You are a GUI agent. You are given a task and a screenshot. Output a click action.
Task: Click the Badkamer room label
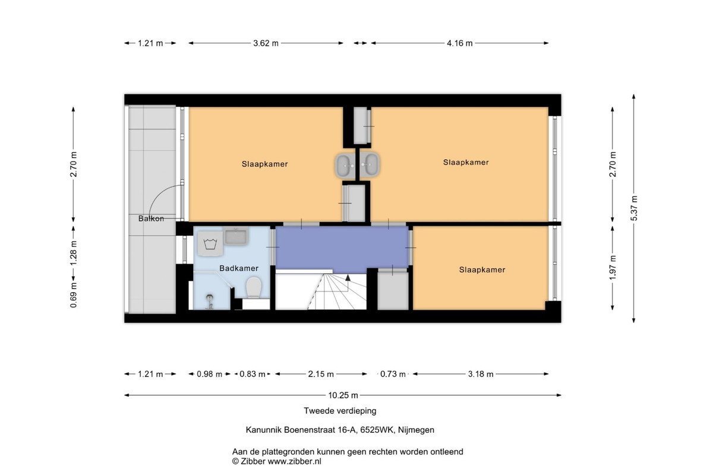[x=239, y=268]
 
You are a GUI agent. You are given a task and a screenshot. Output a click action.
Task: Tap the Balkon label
[x=151, y=218]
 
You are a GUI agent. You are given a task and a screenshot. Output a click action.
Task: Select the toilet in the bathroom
[x=254, y=287]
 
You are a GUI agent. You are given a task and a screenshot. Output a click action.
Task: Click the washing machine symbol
[x=210, y=243]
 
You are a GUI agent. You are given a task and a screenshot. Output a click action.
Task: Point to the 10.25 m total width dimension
[x=343, y=395]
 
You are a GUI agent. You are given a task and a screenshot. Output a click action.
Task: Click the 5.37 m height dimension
[x=634, y=208]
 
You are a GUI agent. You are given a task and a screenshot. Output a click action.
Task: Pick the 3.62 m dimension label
[x=266, y=43]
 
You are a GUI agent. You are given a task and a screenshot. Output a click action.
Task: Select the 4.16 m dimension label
[x=460, y=43]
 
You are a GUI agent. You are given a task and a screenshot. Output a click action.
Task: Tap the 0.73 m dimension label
[x=393, y=374]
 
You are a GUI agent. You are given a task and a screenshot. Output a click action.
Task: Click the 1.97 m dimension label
[x=613, y=268]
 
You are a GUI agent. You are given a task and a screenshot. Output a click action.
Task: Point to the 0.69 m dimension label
[x=74, y=295]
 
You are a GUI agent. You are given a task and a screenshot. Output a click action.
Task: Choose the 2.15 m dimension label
[x=321, y=374]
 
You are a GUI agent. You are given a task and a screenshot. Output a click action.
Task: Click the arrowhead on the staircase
[x=348, y=278]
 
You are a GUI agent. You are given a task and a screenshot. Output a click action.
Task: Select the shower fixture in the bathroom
[x=209, y=301]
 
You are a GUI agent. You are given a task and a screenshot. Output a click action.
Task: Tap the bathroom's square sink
[x=235, y=236]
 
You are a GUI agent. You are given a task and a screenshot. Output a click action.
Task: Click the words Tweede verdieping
[x=340, y=411]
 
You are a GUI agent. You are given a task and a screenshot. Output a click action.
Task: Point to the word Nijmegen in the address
[x=416, y=430]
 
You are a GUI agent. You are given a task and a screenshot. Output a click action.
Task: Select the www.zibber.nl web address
[x=295, y=461]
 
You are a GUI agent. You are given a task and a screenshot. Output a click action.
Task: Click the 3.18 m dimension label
[x=481, y=374]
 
